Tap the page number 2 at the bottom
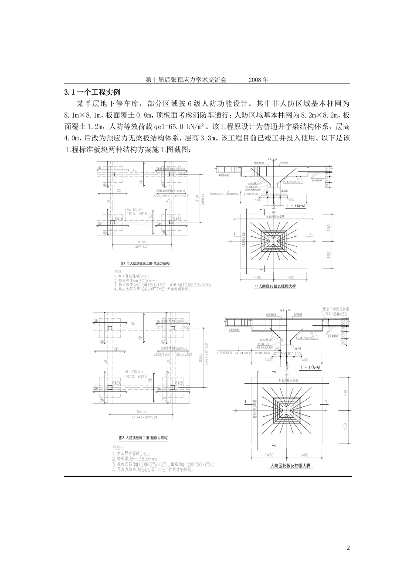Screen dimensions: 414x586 (x=348, y=548)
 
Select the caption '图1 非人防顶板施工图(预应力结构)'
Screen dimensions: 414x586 (x=144, y=264)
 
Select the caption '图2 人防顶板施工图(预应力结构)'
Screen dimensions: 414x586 (x=144, y=437)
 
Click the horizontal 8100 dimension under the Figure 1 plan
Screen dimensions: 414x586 (x=142, y=242)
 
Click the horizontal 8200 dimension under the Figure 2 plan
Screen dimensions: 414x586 (x=142, y=412)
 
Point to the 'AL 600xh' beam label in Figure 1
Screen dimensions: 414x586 (x=135, y=209)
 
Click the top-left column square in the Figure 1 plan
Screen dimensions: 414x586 (x=112, y=174)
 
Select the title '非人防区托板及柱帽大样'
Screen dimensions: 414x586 (x=275, y=286)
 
